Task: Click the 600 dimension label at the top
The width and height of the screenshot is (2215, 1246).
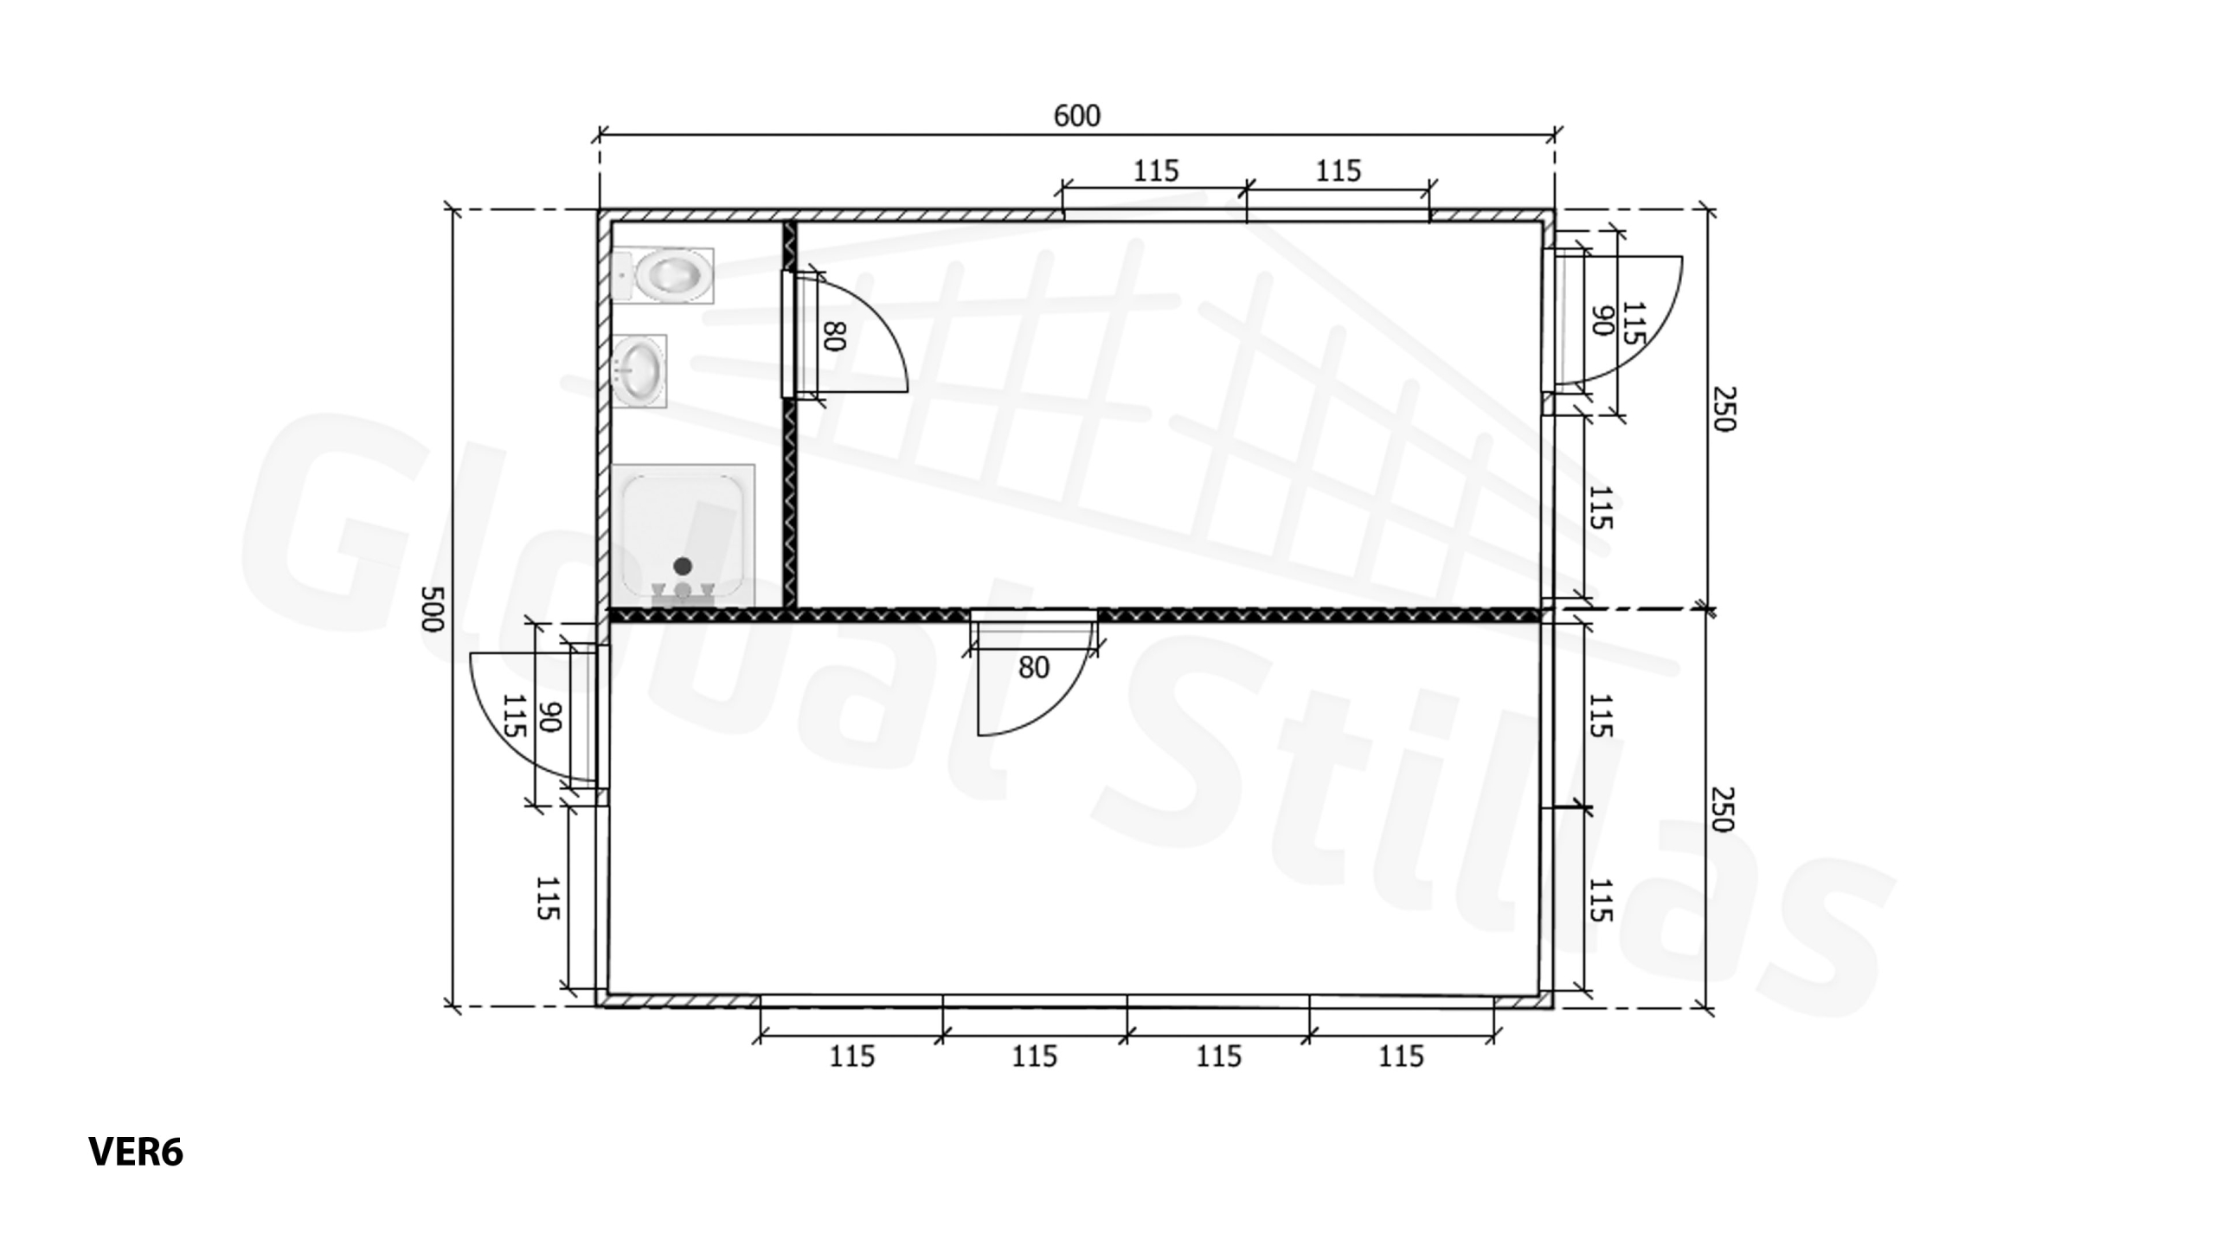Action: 1076,116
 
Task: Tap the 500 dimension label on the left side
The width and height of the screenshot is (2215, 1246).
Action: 432,608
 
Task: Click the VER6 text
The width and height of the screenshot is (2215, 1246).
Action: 136,1152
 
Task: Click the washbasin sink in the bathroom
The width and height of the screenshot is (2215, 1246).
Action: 639,370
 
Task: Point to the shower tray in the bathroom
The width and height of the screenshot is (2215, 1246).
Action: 683,535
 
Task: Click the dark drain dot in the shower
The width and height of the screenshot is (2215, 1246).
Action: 683,566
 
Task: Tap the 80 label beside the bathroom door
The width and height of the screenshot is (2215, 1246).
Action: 834,336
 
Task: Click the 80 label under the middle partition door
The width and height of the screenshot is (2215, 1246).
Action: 1033,667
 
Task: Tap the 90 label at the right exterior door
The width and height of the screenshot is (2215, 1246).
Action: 1602,321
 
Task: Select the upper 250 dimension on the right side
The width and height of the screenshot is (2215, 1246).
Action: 1723,408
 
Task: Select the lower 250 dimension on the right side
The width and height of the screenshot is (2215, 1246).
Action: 1723,808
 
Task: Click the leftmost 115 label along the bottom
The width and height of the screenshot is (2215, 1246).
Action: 852,1057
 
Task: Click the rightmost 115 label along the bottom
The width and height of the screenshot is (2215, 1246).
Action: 1400,1057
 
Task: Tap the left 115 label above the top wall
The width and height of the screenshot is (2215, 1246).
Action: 1155,171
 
